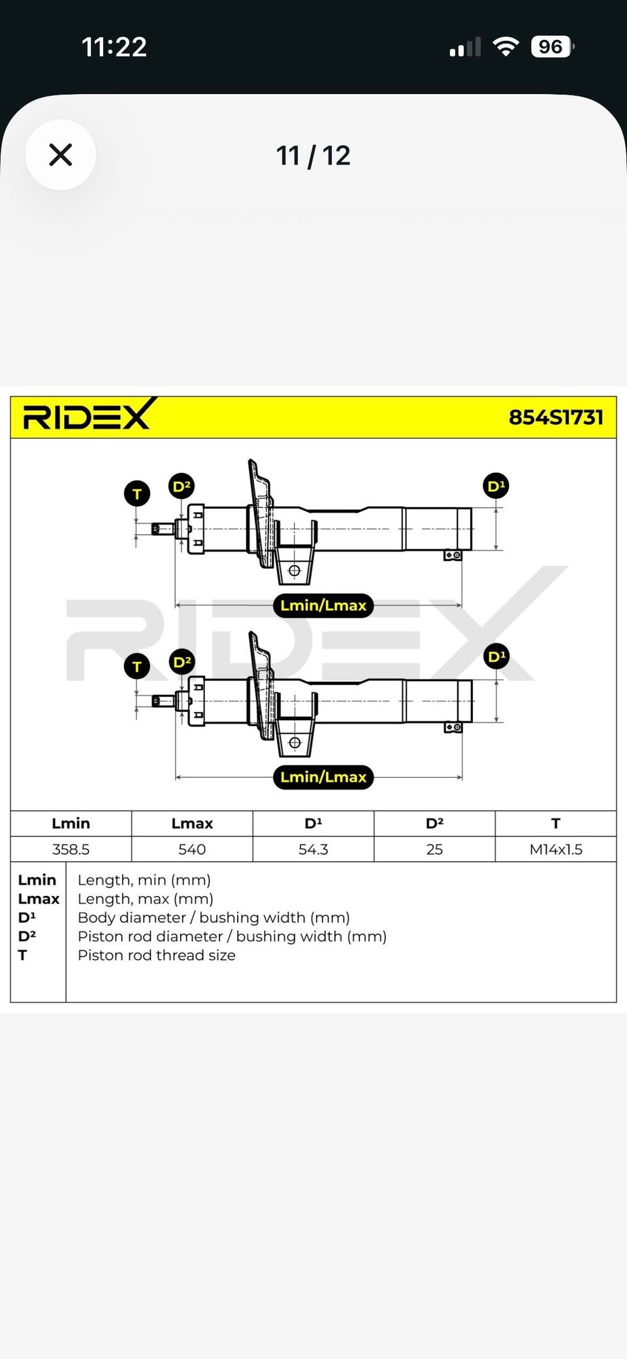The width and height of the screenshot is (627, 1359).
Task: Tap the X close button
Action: pos(61,155)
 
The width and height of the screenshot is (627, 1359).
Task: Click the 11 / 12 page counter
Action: pos(313,155)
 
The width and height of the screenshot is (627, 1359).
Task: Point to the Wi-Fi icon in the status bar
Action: pos(506,46)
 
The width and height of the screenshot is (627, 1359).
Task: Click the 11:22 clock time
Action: pos(114,47)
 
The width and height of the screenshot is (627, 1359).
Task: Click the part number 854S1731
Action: pos(556,417)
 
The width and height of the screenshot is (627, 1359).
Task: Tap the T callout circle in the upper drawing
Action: pos(137,494)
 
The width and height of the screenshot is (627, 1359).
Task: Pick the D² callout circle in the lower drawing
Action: pos(182,662)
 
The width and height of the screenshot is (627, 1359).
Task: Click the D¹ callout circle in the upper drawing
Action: pos(496,486)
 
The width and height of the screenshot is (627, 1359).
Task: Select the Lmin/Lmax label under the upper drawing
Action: pos(323,605)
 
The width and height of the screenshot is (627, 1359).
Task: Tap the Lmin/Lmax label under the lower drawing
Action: pos(323,777)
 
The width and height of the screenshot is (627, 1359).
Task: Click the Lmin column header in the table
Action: pos(71,823)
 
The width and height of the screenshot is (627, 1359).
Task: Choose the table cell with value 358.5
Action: pos(71,849)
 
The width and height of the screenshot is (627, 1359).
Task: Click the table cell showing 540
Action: pos(192,849)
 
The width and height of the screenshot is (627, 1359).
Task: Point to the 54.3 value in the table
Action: pos(313,849)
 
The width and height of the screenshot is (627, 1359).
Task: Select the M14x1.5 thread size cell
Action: pos(556,849)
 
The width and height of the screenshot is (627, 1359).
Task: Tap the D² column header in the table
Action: pos(434,823)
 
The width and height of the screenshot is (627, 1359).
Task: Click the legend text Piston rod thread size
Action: pos(157,955)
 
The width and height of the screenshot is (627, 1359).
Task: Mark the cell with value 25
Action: pos(434,849)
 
